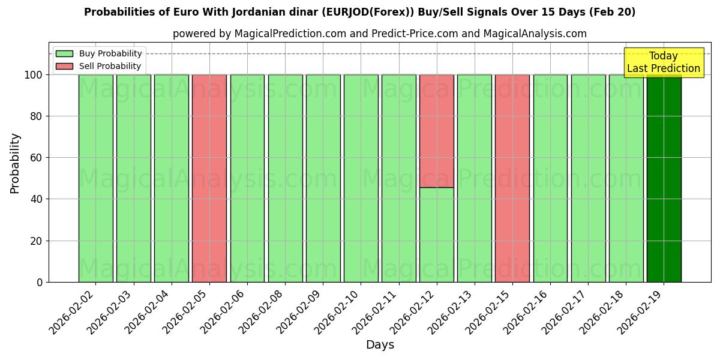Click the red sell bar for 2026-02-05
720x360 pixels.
point(209,178)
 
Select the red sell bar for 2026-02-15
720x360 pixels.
point(512,178)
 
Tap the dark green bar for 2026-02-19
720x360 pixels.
point(664,178)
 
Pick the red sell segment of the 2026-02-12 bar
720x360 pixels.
point(437,131)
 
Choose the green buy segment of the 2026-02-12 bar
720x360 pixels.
point(437,235)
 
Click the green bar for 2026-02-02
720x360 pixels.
point(95,178)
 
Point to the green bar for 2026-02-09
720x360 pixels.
point(323,178)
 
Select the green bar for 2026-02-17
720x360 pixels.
point(588,178)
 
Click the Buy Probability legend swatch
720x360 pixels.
point(64,54)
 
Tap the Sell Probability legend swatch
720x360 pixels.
point(64,66)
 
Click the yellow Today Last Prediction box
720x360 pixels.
point(664,62)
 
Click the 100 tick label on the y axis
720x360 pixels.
point(32,75)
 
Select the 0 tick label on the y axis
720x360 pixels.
point(40,282)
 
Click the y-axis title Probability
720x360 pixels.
point(15,163)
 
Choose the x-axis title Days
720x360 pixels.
point(380,345)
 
